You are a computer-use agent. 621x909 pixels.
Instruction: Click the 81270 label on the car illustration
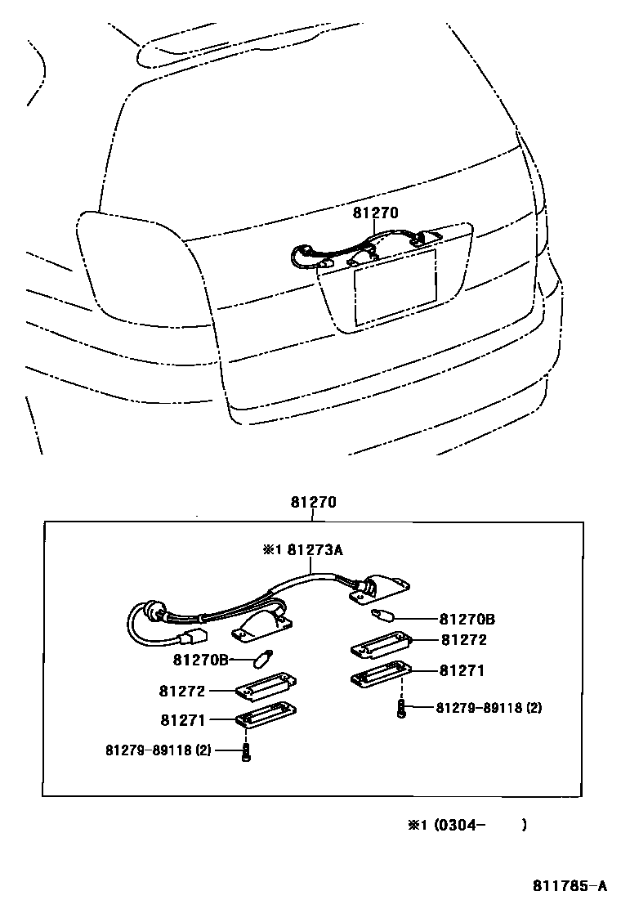click(375, 213)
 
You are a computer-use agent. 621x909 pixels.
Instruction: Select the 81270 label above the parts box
click(313, 503)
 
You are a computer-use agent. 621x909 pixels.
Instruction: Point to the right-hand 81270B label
click(467, 619)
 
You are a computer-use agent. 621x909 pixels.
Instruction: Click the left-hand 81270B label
click(200, 660)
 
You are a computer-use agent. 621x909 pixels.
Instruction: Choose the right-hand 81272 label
click(463, 640)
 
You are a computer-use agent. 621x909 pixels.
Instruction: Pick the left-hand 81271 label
click(183, 720)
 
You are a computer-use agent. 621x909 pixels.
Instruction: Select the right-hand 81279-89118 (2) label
click(488, 707)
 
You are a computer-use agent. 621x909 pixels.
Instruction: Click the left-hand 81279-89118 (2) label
click(159, 749)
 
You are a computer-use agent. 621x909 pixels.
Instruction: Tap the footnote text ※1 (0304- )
click(467, 825)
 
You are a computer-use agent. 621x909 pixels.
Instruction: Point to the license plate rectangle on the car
click(394, 286)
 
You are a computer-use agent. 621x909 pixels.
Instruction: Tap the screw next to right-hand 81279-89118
click(401, 708)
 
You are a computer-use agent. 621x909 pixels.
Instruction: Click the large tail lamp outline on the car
click(139, 266)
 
